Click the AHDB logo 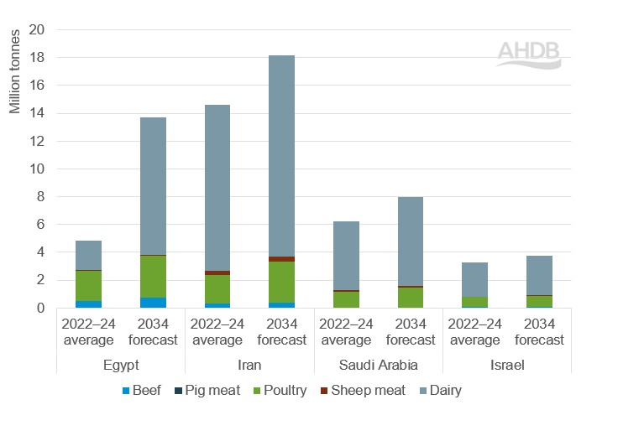528,53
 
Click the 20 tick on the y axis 39,30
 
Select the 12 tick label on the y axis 39,142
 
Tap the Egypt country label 121,365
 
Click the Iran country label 249,365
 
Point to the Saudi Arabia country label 378,365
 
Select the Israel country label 506,365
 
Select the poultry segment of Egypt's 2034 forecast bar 153,276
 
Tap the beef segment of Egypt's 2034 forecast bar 153,303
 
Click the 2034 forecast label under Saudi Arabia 411,332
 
